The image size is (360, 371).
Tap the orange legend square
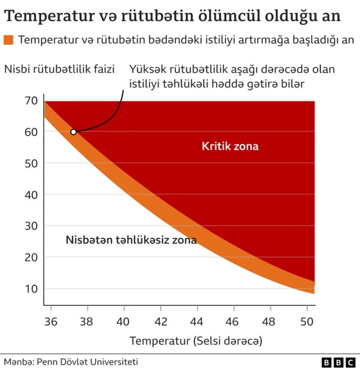[8, 40]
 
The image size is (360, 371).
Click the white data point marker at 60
[73, 132]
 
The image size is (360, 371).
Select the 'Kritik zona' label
[230, 147]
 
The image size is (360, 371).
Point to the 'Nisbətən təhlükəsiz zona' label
[131, 240]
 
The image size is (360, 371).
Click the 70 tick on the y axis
[31, 101]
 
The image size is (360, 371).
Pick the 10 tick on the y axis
[31, 289]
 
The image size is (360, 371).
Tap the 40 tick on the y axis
[31, 195]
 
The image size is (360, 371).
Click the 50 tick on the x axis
[307, 322]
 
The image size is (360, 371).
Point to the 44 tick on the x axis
[197, 322]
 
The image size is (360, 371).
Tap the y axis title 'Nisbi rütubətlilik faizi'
[60, 70]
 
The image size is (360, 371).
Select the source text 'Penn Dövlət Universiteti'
[87, 362]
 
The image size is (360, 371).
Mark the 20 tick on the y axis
[31, 257]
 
